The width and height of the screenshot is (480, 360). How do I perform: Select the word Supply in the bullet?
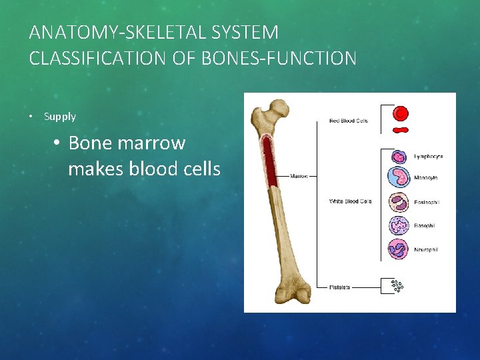click(60, 117)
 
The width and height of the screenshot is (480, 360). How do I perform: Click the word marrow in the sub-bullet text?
click(155, 143)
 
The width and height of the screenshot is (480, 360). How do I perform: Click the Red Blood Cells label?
click(348, 121)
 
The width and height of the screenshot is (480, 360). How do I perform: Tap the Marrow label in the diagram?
click(299, 177)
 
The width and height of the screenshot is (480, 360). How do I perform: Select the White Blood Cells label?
click(350, 201)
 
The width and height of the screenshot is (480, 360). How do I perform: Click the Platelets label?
click(339, 287)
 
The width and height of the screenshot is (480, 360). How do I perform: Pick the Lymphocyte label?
click(429, 157)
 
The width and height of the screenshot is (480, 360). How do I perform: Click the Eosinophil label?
click(427, 202)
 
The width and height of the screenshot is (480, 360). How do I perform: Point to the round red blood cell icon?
click(401, 113)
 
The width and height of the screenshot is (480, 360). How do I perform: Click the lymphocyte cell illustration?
click(399, 157)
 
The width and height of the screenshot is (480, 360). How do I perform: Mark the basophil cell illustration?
click(399, 225)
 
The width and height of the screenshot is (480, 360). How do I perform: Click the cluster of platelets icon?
click(398, 286)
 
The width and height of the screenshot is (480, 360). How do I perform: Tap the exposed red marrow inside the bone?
click(271, 163)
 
